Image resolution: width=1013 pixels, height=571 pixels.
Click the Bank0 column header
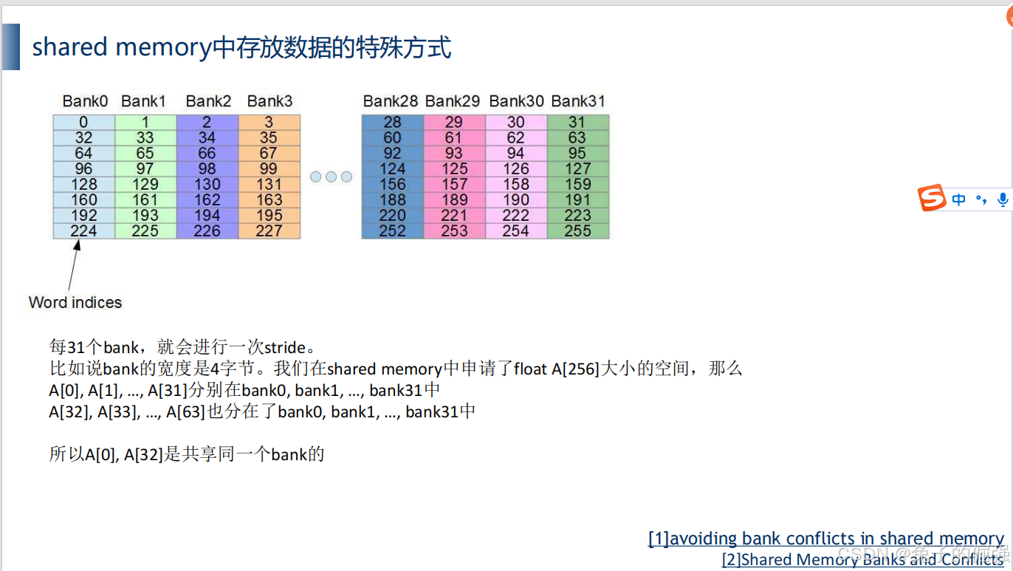pos(85,101)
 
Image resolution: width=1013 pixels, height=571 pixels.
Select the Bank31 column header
pos(577,101)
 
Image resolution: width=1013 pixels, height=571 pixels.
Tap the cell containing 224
pos(84,231)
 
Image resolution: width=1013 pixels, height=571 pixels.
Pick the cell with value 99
pos(269,169)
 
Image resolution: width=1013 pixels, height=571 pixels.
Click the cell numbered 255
pos(577,231)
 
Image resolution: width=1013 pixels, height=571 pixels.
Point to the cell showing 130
pos(207,185)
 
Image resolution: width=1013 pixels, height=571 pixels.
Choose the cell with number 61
pos(454,138)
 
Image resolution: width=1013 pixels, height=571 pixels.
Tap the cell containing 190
pos(515,200)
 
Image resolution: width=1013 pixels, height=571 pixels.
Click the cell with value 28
pos(392,123)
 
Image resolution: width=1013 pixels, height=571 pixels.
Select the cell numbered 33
pos(145,138)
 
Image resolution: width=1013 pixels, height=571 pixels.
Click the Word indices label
pos(75,302)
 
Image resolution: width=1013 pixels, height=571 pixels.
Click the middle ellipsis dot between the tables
pos(332,177)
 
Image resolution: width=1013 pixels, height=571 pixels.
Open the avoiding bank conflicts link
pos(825,539)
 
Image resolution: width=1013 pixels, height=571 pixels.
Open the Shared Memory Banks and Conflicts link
pos(862,560)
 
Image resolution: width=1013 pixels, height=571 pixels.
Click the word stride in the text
pos(284,347)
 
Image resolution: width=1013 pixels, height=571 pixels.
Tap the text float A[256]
pos(556,369)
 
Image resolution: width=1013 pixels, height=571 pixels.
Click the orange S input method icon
pos(932,199)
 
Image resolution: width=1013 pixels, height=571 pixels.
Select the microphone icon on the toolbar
pos(1003,199)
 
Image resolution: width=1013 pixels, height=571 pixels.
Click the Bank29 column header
pos(453,101)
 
